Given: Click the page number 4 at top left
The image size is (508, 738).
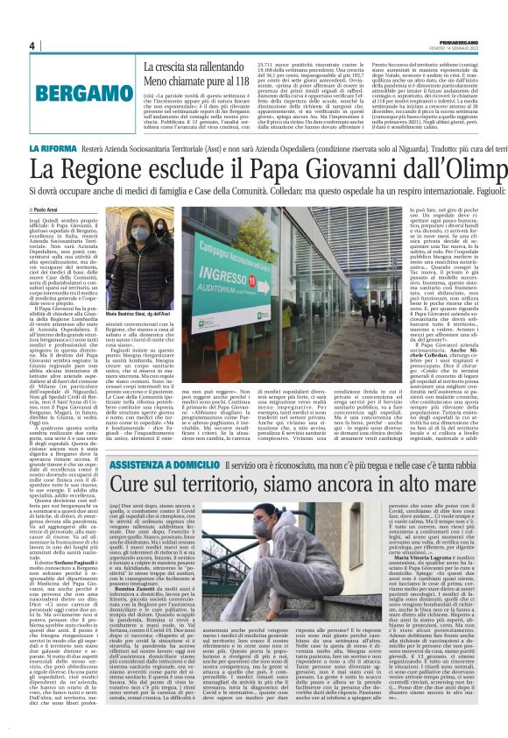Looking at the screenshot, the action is (x=32, y=46).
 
